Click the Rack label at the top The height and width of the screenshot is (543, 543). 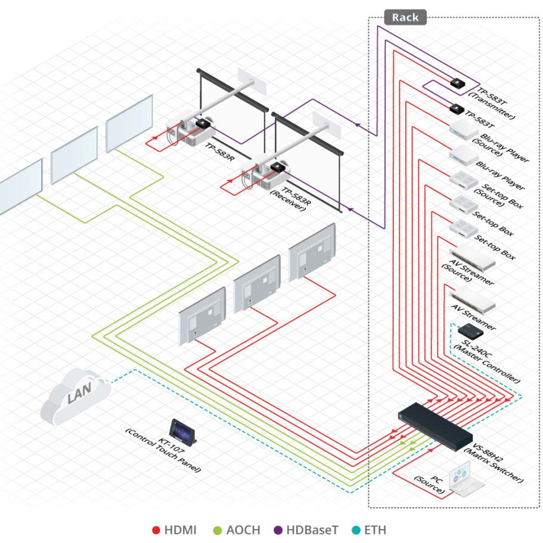(x=405, y=18)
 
